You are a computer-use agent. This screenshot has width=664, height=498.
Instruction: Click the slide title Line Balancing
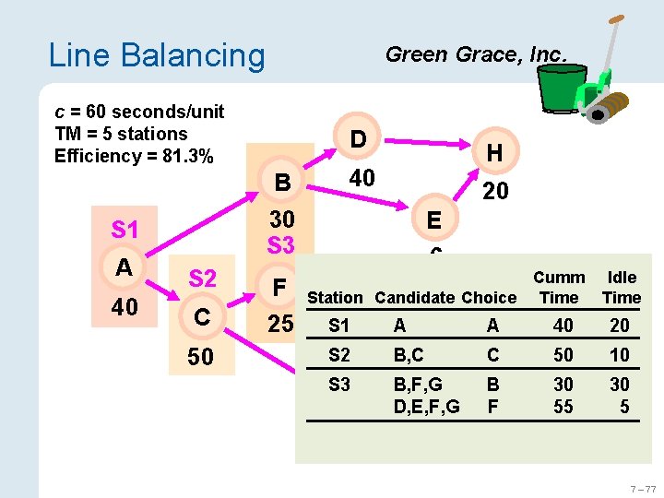(156, 55)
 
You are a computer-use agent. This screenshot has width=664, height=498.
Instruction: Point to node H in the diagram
(494, 153)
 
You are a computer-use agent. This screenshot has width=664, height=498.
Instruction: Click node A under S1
(125, 267)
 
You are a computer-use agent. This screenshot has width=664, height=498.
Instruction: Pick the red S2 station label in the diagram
(203, 279)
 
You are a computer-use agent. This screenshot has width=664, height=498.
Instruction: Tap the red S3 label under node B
(280, 245)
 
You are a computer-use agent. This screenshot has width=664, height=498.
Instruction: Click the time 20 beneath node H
(495, 191)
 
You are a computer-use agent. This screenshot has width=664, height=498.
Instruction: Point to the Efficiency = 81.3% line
(135, 156)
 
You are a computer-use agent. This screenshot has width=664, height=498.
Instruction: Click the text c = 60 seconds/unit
(139, 112)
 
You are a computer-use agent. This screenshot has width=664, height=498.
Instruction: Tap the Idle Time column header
(621, 288)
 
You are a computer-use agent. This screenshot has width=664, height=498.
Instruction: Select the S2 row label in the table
(339, 355)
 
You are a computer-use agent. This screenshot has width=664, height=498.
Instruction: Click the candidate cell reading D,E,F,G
(426, 406)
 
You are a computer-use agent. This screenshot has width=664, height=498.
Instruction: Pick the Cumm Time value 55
(563, 406)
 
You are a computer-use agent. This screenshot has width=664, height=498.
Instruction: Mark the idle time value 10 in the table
(620, 355)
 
